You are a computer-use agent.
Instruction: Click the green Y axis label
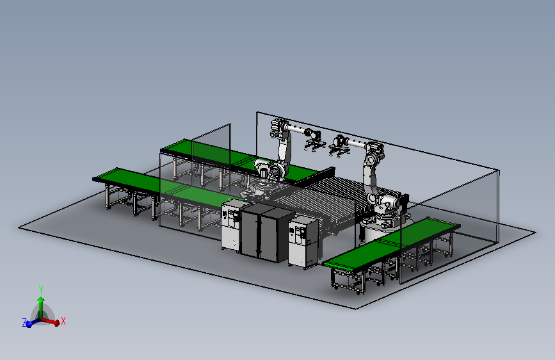[x=41, y=290]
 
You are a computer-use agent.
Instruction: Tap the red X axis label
[x=63, y=321]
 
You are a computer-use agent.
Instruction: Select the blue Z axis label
[x=24, y=322]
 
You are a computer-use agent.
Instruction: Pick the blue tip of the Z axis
[x=29, y=324]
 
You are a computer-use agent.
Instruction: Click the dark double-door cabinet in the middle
[x=268, y=232]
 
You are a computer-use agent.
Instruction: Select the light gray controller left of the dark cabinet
[x=232, y=225]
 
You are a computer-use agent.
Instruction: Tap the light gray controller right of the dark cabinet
[x=303, y=242]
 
